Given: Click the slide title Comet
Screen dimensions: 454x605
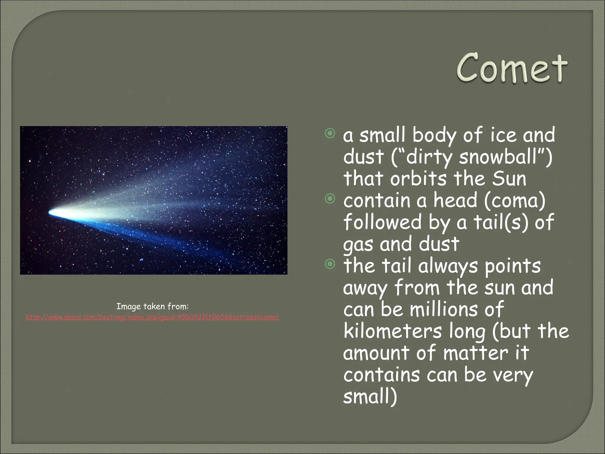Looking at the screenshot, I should pyautogui.click(x=511, y=69).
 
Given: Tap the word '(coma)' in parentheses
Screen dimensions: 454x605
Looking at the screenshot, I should pyautogui.click(x=515, y=200).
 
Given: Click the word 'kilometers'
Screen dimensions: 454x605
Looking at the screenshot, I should pyautogui.click(x=393, y=331).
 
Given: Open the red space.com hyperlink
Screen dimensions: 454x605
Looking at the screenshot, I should pyautogui.click(x=152, y=317).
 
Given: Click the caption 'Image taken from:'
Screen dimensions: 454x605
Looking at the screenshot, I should pyautogui.click(x=152, y=306).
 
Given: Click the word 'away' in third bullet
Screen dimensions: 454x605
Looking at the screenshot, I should pyautogui.click(x=365, y=288).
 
